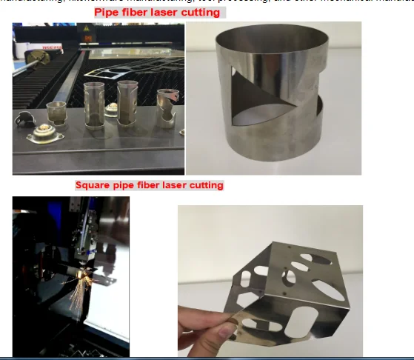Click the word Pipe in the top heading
point(106,12)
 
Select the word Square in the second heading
point(94,185)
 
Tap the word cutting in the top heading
point(201,12)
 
